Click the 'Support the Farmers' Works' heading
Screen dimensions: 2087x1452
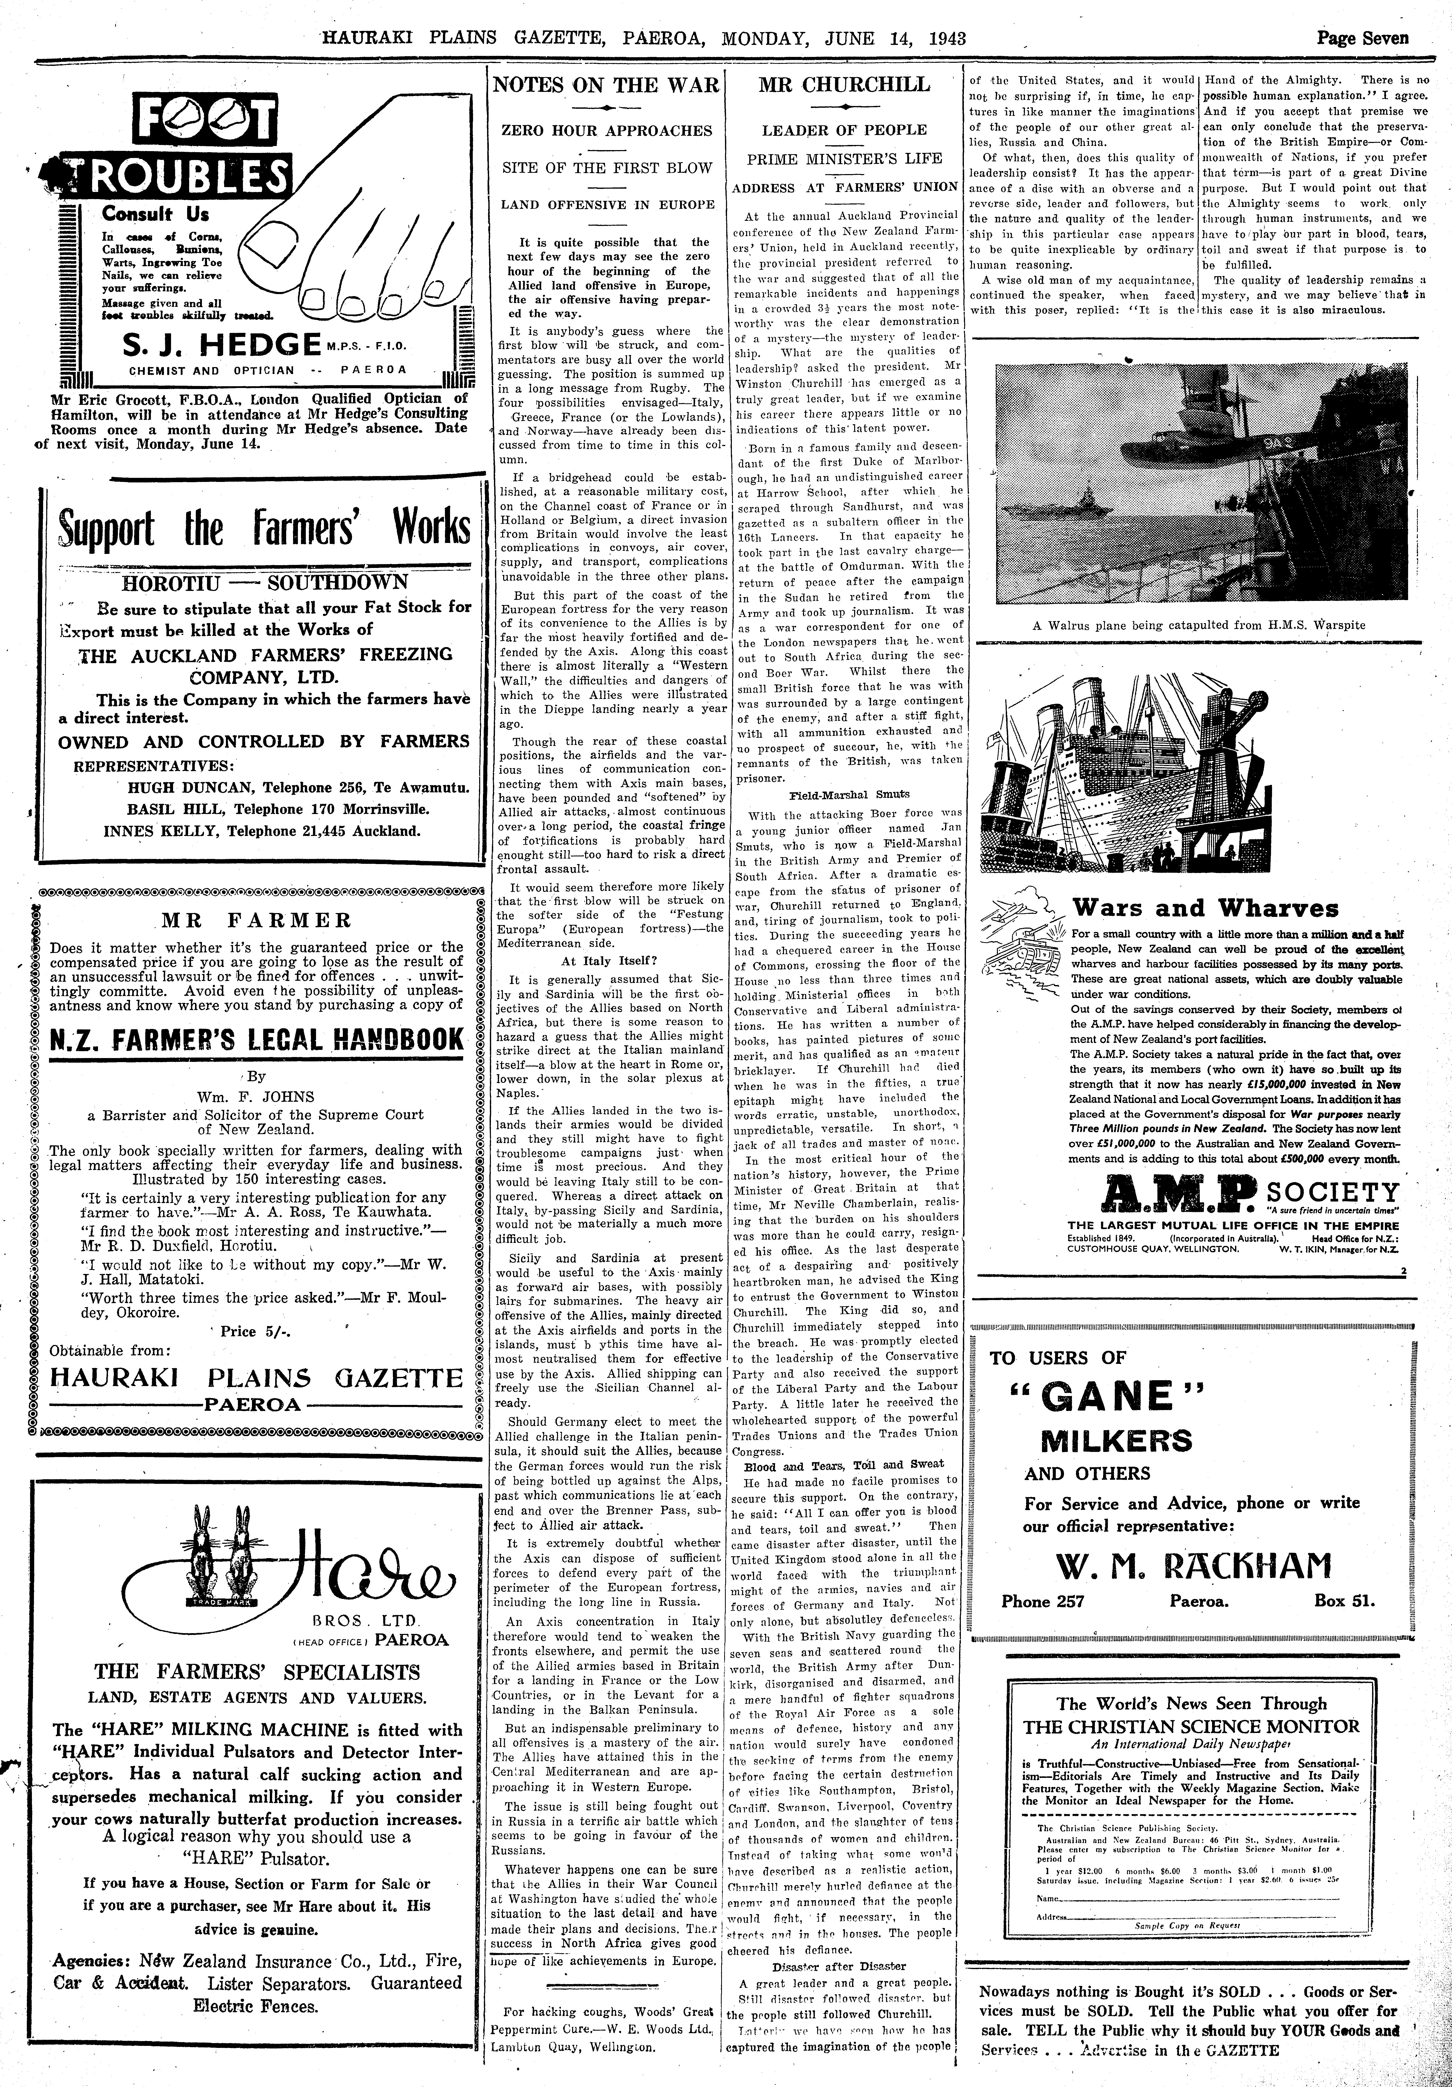tap(264, 528)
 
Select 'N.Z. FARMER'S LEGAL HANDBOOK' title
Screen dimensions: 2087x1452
tap(256, 1040)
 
